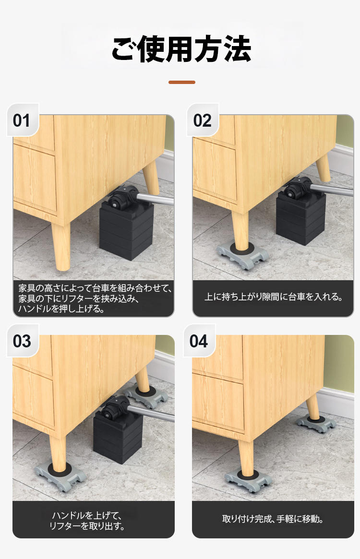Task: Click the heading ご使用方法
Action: (181, 49)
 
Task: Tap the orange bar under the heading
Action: (181, 83)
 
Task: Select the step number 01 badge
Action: (22, 120)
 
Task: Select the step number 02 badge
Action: (203, 120)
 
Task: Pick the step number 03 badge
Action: (22, 341)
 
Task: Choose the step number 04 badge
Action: (199, 341)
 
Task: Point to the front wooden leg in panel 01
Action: (61, 246)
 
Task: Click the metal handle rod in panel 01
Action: (155, 199)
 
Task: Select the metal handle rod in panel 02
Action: (332, 190)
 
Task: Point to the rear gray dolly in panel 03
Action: (145, 396)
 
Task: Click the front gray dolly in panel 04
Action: (247, 480)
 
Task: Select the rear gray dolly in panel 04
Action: (316, 423)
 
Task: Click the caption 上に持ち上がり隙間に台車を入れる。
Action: (273, 297)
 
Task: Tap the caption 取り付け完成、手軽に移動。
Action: (273, 519)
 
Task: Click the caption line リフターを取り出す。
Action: (87, 526)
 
